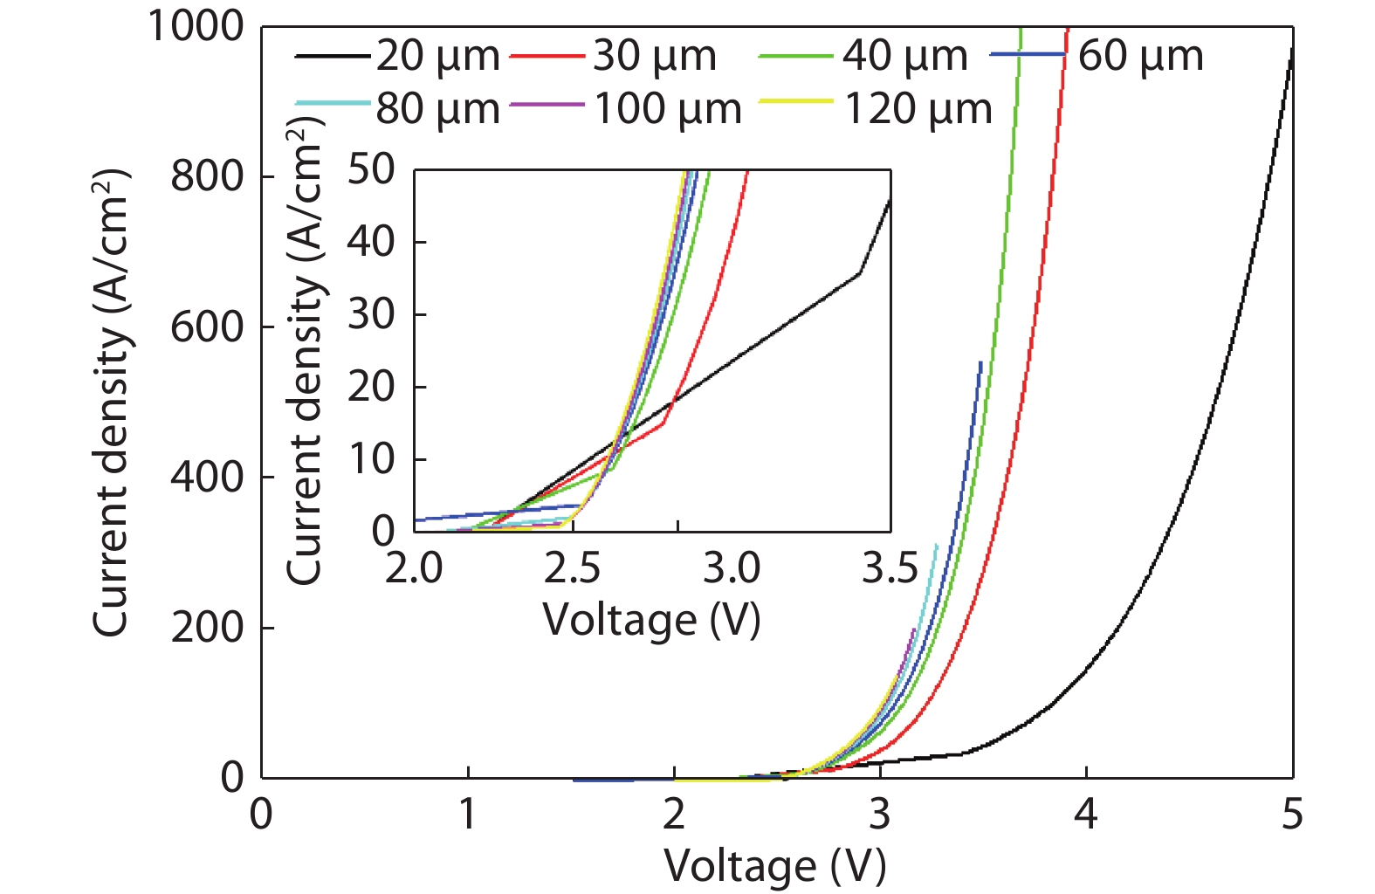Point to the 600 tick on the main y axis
click(x=207, y=327)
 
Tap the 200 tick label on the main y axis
click(x=207, y=628)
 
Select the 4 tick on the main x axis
click(x=1085, y=815)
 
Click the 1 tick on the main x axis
click(x=468, y=815)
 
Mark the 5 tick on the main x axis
click(x=1292, y=815)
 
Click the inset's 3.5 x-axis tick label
click(x=890, y=569)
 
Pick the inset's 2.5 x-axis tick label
click(x=572, y=569)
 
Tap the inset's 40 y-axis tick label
click(x=371, y=242)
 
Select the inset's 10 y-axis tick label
click(x=371, y=459)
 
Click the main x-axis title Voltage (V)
click(x=775, y=866)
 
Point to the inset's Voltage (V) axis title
click(x=651, y=621)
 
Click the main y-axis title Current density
click(x=112, y=402)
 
